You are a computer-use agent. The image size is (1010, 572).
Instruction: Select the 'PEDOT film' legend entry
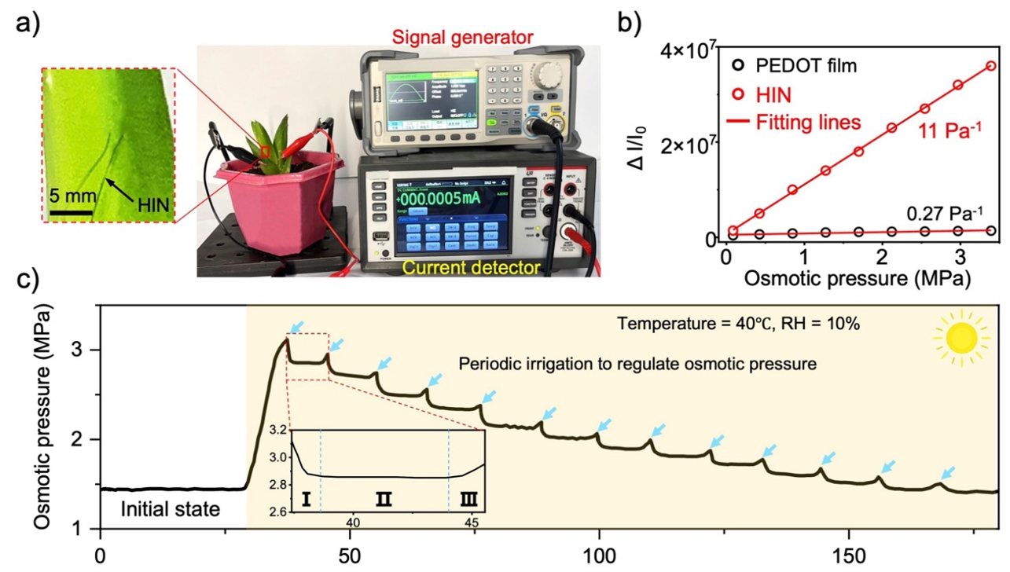(x=801, y=65)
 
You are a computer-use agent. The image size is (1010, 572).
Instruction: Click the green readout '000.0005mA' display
(x=450, y=199)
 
